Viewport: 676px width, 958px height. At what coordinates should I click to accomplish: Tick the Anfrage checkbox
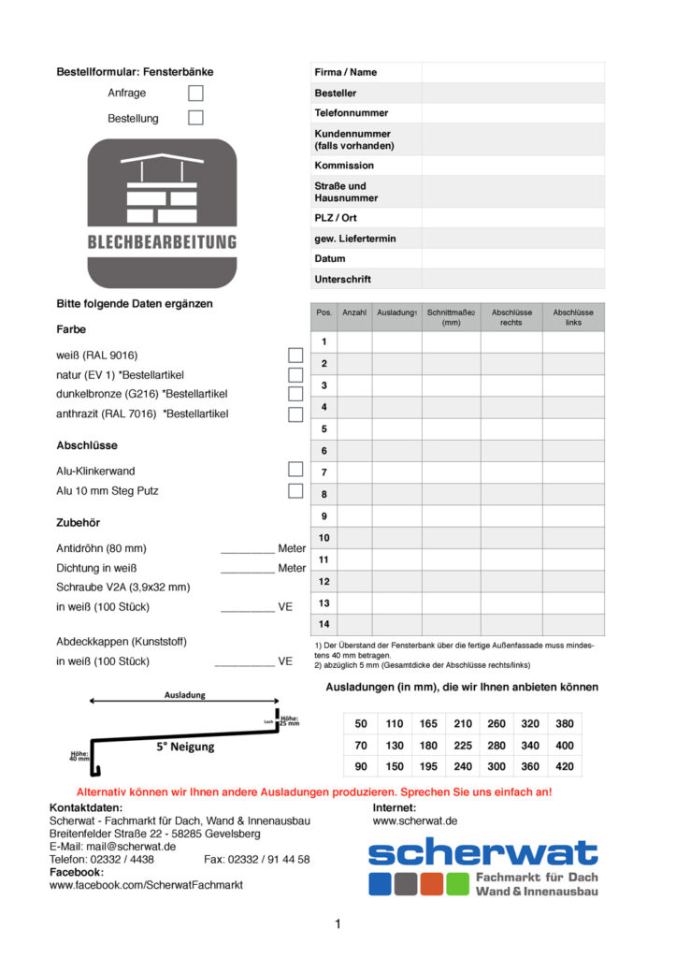click(x=195, y=93)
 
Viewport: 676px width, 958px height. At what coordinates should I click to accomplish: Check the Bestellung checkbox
click(x=195, y=118)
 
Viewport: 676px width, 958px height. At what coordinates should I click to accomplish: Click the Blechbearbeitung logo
click(x=162, y=213)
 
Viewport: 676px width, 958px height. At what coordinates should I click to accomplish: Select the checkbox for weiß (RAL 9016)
click(x=295, y=355)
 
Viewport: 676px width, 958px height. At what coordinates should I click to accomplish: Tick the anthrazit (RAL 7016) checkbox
click(x=295, y=414)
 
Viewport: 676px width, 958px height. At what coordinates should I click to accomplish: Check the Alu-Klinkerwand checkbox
click(x=295, y=470)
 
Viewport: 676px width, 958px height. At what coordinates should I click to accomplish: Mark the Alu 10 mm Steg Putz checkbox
click(x=295, y=490)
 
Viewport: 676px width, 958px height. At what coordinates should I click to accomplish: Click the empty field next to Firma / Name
click(x=512, y=72)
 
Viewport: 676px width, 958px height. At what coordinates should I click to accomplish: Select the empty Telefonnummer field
click(x=512, y=113)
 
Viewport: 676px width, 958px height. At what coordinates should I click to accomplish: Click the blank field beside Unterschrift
click(x=512, y=279)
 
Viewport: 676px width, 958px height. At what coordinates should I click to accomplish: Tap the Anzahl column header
click(x=354, y=312)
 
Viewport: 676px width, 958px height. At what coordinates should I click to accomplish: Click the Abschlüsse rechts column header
click(x=511, y=317)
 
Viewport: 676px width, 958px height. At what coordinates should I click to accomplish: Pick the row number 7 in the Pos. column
click(x=324, y=472)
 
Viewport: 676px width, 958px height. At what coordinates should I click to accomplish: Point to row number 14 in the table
click(x=324, y=624)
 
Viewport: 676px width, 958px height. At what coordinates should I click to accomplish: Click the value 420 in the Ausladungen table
click(x=565, y=766)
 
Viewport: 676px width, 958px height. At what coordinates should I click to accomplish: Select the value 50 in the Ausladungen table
click(x=361, y=723)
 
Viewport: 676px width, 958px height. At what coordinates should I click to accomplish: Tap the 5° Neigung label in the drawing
click(x=185, y=747)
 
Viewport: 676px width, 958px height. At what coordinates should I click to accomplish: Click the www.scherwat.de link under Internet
click(x=415, y=820)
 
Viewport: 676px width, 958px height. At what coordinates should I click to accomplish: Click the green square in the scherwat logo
click(x=457, y=883)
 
